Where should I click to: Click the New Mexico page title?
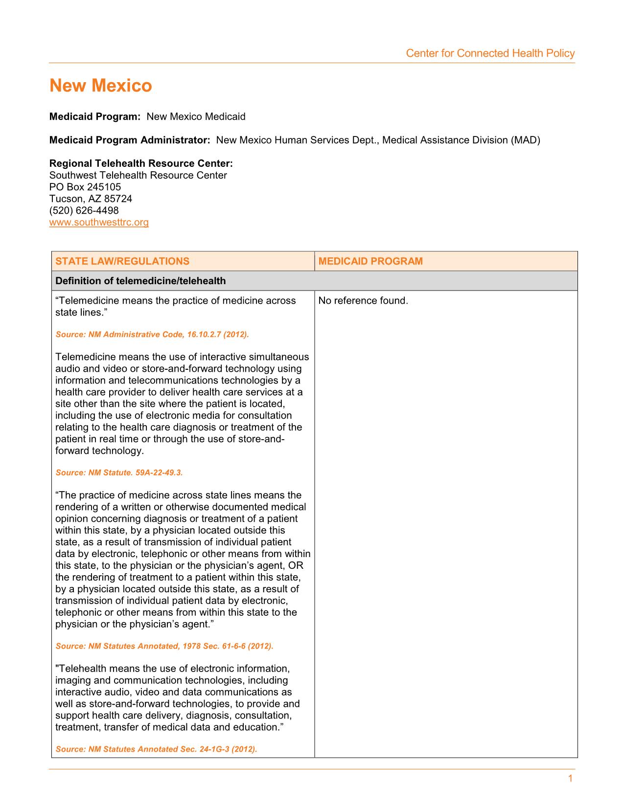click(101, 86)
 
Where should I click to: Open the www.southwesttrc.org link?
click(99, 223)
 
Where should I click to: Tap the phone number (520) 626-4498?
click(84, 211)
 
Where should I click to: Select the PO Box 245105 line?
click(85, 187)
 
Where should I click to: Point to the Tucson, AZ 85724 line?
click(91, 199)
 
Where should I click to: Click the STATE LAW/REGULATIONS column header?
click(122, 261)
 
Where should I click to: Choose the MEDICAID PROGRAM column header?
click(370, 261)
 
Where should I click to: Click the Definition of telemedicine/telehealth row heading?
click(140, 281)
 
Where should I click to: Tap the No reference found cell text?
click(363, 301)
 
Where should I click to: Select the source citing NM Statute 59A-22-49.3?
click(119, 472)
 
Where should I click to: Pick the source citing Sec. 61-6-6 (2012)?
click(164, 646)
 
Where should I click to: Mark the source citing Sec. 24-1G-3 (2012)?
click(156, 749)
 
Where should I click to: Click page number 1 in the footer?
click(570, 779)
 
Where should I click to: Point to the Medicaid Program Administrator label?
click(130, 140)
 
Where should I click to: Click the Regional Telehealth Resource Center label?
click(141, 163)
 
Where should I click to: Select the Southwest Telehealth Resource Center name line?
click(138, 176)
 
